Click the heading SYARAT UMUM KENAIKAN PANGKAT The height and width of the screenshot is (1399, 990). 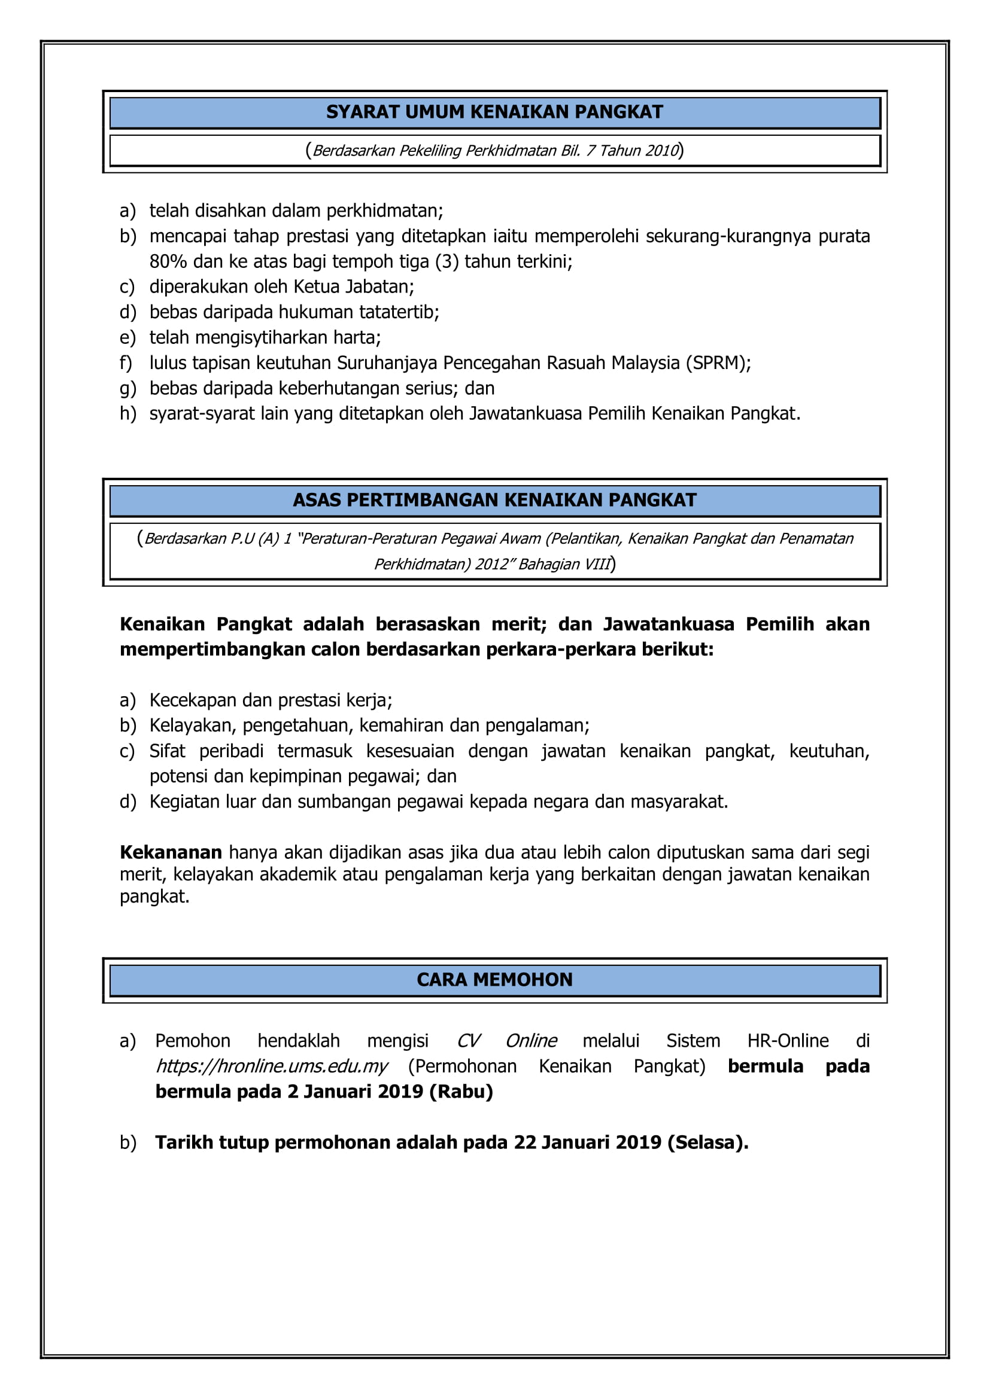tap(494, 112)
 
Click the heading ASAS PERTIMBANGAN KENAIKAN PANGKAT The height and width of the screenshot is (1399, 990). tap(494, 500)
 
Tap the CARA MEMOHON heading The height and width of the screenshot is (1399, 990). tap(494, 980)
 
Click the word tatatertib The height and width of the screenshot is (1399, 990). tap(399, 312)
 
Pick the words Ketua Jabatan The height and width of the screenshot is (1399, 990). tap(354, 286)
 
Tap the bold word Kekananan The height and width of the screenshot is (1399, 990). tap(171, 852)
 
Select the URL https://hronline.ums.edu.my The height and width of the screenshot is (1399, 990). tap(272, 1066)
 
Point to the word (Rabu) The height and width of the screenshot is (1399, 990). tap(461, 1092)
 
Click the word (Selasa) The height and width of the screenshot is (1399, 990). tap(707, 1142)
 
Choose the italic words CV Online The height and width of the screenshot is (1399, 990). tap(506, 1041)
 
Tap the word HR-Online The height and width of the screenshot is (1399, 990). tap(788, 1041)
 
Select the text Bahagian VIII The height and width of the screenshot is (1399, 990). tap(564, 564)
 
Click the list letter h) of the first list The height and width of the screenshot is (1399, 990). tap(127, 414)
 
